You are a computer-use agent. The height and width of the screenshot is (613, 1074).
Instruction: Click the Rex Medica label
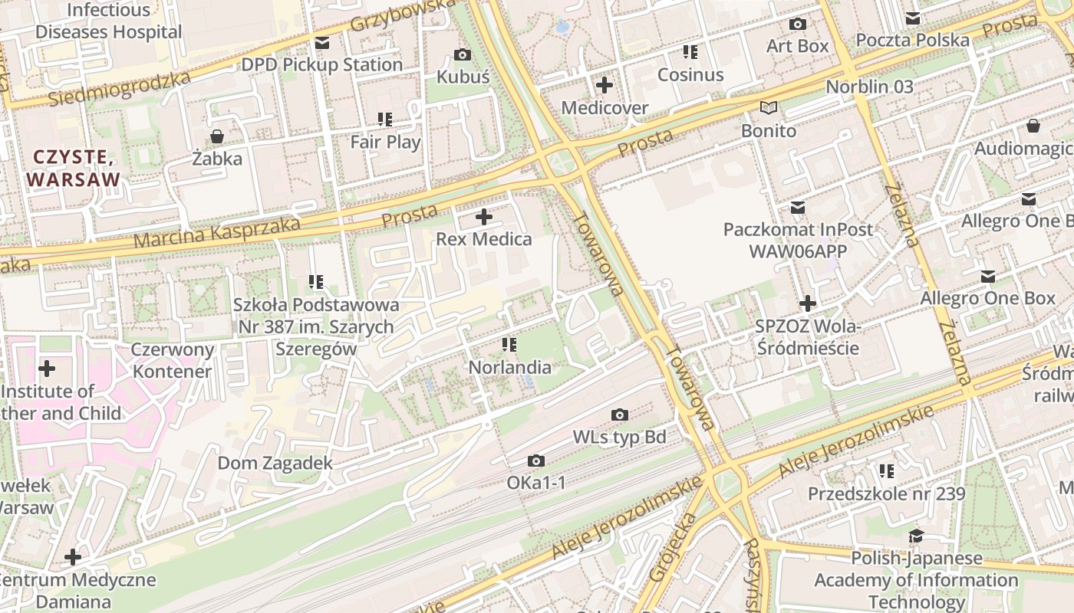click(x=483, y=239)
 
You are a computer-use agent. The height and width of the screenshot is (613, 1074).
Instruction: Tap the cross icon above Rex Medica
click(x=483, y=217)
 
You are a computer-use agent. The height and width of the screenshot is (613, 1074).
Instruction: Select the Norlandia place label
click(x=509, y=367)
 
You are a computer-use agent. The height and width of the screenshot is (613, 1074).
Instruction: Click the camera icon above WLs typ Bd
click(x=619, y=415)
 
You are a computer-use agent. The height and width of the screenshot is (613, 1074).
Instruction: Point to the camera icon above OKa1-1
click(x=536, y=461)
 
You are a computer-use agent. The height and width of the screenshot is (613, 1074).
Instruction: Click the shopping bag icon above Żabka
click(x=217, y=136)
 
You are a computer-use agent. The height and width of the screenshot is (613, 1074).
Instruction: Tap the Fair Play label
click(x=385, y=142)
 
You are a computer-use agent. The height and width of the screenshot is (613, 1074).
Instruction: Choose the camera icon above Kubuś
click(x=463, y=54)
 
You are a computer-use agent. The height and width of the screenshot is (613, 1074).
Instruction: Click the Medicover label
click(x=605, y=107)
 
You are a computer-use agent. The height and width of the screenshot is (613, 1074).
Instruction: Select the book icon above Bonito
click(x=768, y=108)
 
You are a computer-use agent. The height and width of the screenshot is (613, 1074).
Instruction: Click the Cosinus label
click(x=690, y=74)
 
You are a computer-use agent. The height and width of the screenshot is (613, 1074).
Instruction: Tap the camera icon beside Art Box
click(x=798, y=24)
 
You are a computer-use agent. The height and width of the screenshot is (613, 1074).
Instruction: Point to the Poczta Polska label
click(x=912, y=40)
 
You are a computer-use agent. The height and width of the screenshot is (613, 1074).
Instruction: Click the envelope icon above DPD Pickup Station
click(x=321, y=42)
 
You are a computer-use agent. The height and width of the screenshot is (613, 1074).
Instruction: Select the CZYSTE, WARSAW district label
click(x=74, y=168)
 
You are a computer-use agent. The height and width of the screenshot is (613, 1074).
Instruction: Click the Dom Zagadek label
click(x=275, y=463)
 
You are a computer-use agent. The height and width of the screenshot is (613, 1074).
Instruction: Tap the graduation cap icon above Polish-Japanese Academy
click(x=916, y=536)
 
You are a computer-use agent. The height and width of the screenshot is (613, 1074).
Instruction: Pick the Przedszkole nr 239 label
click(x=886, y=493)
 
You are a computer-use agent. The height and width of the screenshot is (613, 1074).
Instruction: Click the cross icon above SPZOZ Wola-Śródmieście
click(x=807, y=303)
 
